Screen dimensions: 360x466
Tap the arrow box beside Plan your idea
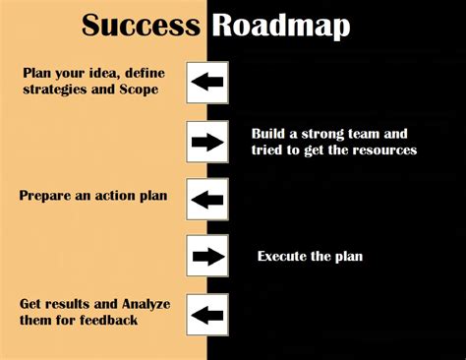pos(206,83)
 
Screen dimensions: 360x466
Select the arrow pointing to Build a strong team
pos(206,141)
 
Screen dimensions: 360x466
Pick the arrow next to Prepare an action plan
pos(206,199)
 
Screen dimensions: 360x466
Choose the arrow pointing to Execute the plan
pos(206,257)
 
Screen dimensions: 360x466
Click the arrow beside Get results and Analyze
pos(206,315)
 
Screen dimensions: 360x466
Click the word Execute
pos(282,257)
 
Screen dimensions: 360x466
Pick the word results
pos(63,304)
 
